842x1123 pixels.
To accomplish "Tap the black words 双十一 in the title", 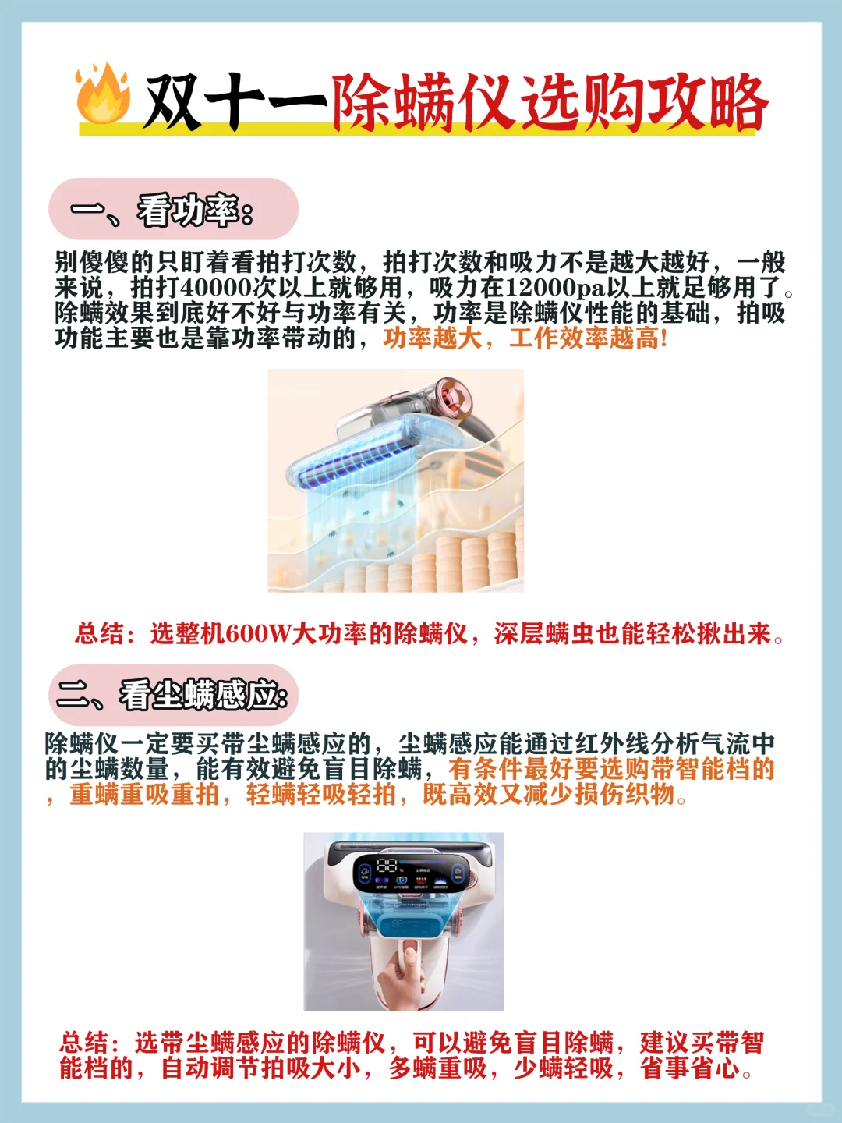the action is pos(236,101).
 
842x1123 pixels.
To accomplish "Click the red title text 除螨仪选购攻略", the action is pos(550,102).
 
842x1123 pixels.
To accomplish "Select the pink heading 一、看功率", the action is pos(162,211).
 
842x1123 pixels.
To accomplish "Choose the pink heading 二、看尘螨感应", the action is pos(172,695).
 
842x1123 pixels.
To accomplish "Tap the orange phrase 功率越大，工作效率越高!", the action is pos(525,338).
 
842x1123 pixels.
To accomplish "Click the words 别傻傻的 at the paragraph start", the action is pos(104,263).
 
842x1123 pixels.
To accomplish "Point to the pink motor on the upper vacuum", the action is pos(455,396).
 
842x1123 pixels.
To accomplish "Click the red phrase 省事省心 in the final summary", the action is pos(690,1068).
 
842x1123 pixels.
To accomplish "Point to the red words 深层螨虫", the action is pos(544,634).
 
